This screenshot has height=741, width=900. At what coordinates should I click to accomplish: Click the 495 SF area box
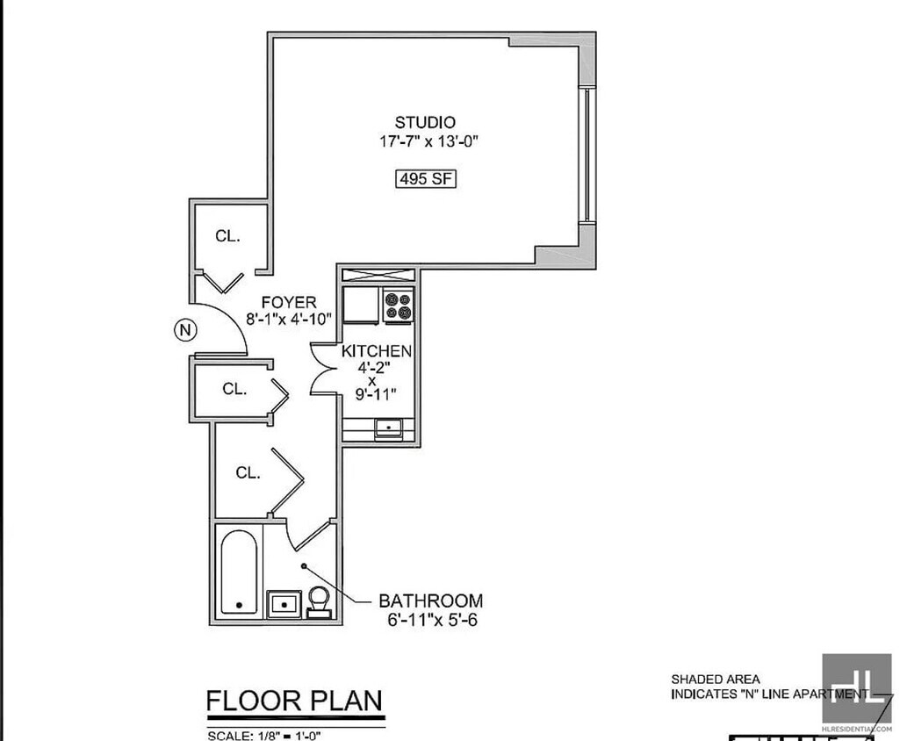tap(425, 178)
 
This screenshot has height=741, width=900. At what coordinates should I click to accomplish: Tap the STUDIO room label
tap(425, 122)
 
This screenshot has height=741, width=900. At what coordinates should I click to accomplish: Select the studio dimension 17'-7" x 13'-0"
tap(428, 142)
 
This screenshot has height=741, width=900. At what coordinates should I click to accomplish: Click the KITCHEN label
tap(376, 351)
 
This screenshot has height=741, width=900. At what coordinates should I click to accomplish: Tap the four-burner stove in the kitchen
tap(399, 306)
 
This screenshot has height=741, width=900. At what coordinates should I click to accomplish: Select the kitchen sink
tap(388, 428)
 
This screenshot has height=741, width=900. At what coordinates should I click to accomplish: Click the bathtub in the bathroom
tap(238, 572)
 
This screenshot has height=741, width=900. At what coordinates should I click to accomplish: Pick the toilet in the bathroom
tap(318, 601)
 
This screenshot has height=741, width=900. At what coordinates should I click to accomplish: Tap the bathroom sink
tap(283, 604)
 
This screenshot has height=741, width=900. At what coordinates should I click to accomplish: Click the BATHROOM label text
tap(430, 601)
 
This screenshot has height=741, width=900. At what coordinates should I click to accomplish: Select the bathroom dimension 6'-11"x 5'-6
tap(430, 621)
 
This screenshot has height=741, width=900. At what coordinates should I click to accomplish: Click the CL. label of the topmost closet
tap(228, 235)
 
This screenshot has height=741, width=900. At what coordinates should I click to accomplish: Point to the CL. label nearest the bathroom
tap(248, 473)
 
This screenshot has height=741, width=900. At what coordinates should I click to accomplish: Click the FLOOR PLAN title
tap(294, 701)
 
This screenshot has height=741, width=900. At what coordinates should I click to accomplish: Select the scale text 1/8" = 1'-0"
tap(263, 735)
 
